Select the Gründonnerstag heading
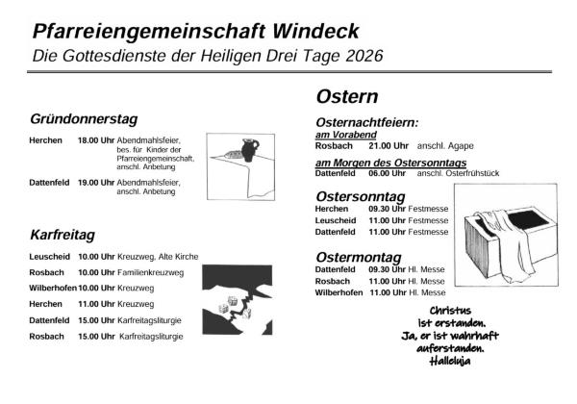click(x=85, y=119)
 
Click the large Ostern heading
click(x=346, y=97)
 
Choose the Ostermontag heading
click(x=362, y=258)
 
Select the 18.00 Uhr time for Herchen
click(x=96, y=139)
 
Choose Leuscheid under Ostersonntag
click(x=336, y=220)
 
